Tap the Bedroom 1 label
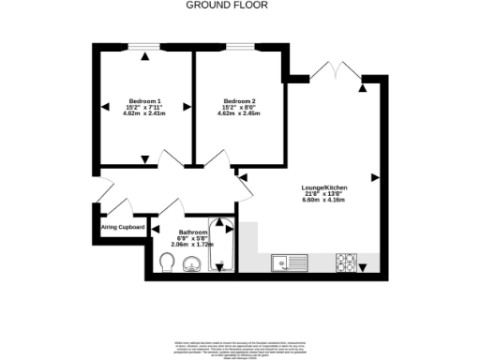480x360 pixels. tap(145, 101)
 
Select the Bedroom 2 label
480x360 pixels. tap(239, 101)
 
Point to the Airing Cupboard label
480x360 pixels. tap(123, 227)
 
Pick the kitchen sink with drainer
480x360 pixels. tap(285, 263)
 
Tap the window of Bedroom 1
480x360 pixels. tap(145, 47)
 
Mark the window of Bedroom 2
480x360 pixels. tap(239, 47)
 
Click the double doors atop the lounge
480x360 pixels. tap(336, 71)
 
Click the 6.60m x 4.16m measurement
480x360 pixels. tap(323, 200)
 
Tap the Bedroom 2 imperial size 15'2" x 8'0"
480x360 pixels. tap(239, 108)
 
